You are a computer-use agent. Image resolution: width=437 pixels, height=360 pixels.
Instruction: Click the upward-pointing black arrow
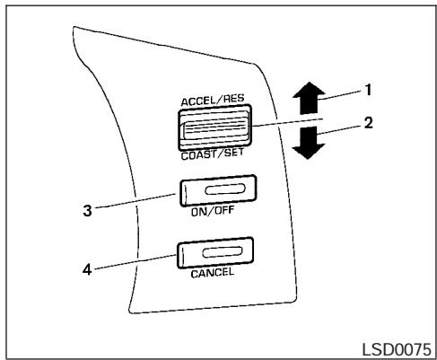point(309,98)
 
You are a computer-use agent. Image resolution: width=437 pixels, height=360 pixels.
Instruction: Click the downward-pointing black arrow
point(309,143)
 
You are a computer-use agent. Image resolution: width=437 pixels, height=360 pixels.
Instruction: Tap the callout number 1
point(369,90)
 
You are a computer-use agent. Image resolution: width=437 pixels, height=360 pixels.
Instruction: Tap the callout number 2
point(369,123)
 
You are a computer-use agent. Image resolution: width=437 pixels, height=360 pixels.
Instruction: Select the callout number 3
point(87,210)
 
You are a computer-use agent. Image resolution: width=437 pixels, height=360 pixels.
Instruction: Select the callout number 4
point(87,269)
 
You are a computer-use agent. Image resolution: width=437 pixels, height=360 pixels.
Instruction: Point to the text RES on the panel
point(234,99)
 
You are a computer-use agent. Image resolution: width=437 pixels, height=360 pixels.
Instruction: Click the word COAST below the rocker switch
point(198,155)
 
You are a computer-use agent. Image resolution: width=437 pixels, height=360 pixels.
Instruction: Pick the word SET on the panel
point(234,153)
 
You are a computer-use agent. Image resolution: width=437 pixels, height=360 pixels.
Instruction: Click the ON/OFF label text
point(213,211)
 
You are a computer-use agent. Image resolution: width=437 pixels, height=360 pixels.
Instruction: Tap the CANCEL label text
point(213,273)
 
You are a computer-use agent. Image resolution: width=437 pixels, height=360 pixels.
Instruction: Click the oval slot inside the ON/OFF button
point(225,189)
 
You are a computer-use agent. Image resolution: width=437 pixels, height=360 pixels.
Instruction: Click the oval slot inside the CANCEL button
point(223,252)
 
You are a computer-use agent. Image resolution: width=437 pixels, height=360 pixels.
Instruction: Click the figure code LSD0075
point(397,349)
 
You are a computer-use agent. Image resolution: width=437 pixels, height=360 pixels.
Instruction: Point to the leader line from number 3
point(135,200)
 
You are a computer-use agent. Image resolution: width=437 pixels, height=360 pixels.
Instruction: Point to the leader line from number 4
point(135,261)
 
